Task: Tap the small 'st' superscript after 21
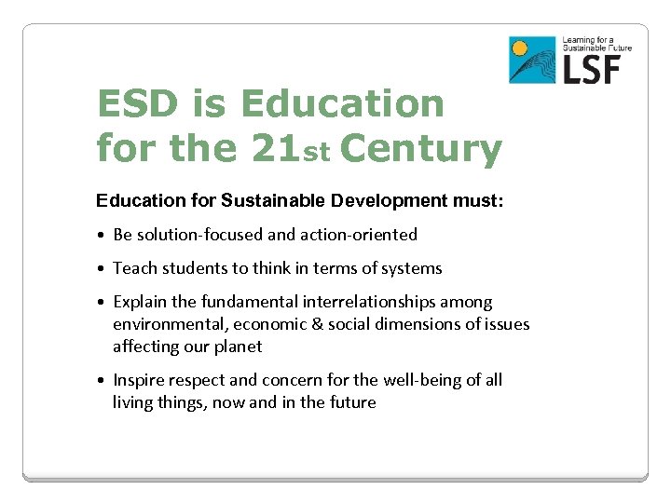pyautogui.click(x=318, y=153)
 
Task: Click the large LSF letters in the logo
pyautogui.click(x=596, y=68)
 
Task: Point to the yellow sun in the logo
pyautogui.click(x=521, y=48)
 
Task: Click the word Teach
pyautogui.click(x=135, y=268)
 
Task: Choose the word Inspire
pyautogui.click(x=140, y=380)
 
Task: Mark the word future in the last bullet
pyautogui.click(x=351, y=402)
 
